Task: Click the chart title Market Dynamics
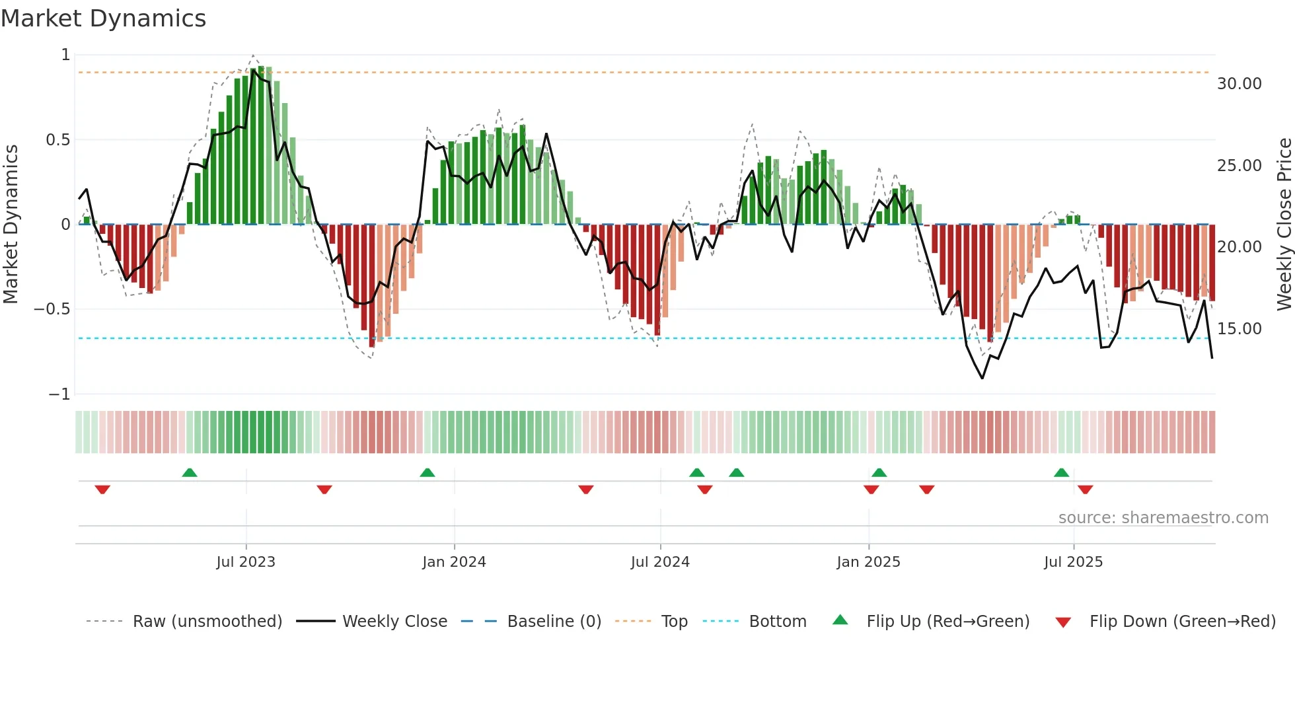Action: pyautogui.click(x=103, y=18)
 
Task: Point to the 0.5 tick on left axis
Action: pyautogui.click(x=57, y=140)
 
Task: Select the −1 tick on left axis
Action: pyautogui.click(x=59, y=394)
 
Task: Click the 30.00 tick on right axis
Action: pyautogui.click(x=1239, y=84)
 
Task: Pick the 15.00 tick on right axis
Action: pyautogui.click(x=1239, y=329)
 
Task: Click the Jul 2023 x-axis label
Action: pyautogui.click(x=246, y=562)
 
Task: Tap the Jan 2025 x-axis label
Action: pyautogui.click(x=868, y=562)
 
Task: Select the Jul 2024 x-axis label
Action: pyautogui.click(x=660, y=562)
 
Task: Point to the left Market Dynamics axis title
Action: pyautogui.click(x=11, y=225)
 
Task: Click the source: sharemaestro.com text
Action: pyautogui.click(x=1163, y=518)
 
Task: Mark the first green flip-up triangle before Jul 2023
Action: pyautogui.click(x=190, y=472)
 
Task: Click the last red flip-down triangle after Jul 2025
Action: pyautogui.click(x=1085, y=490)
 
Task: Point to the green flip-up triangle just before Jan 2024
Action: pyautogui.click(x=427, y=472)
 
